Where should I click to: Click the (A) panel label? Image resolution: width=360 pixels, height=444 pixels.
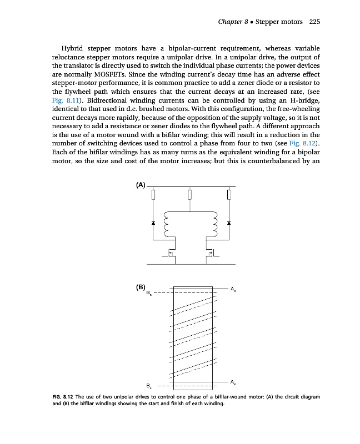coord(141,185)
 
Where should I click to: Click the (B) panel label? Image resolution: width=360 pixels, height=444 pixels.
coord(141,287)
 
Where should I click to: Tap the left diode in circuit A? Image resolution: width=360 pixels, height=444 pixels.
coord(153,223)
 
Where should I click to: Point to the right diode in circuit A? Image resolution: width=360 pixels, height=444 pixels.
coord(228,223)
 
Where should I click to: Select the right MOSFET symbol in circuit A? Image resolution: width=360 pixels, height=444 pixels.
coord(210,253)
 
